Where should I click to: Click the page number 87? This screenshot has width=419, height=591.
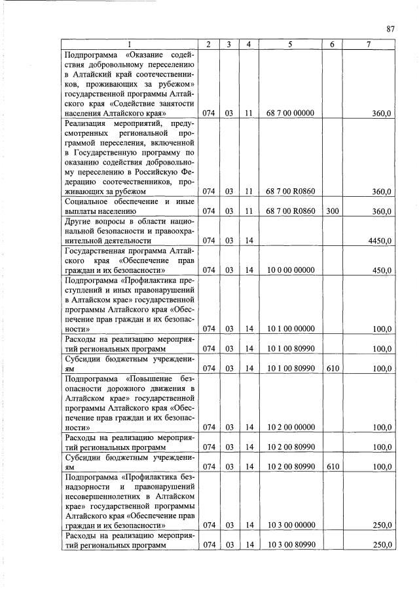tap(390, 28)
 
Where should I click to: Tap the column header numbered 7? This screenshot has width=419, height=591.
tap(368, 44)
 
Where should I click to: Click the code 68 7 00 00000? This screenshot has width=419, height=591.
tap(291, 113)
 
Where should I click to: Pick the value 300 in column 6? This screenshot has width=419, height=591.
tap(332, 211)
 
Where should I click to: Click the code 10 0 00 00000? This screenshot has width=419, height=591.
tap(291, 270)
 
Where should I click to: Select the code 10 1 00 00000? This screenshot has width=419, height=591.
tap(291, 329)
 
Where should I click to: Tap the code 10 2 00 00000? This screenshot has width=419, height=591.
tap(291, 427)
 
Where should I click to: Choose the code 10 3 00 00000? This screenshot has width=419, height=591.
tap(291, 525)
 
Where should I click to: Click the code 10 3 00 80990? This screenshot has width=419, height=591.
tap(291, 545)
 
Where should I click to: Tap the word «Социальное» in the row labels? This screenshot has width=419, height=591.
tap(88, 201)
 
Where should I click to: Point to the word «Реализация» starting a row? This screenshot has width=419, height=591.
tap(87, 123)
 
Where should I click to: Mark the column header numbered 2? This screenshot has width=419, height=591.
tap(208, 44)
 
